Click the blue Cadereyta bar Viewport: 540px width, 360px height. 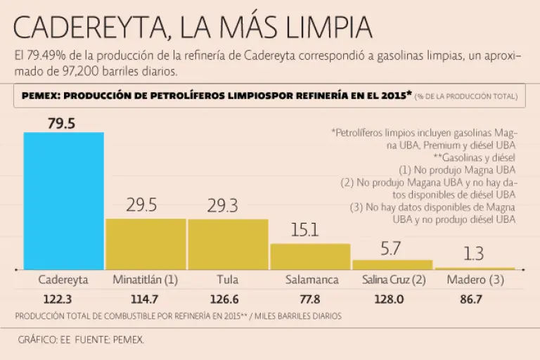click(63, 200)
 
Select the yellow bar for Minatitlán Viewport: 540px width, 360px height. click(146, 243)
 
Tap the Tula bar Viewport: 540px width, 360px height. click(227, 243)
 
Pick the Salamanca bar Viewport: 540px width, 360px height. click(310, 256)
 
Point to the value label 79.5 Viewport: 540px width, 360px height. click(62, 123)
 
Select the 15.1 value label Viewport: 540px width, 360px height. click(305, 230)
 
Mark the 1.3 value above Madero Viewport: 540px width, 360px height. click(474, 255)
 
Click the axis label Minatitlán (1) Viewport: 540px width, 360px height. click(146, 279)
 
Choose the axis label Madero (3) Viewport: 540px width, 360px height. click(474, 279)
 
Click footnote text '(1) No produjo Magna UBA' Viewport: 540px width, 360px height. click(457, 169)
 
